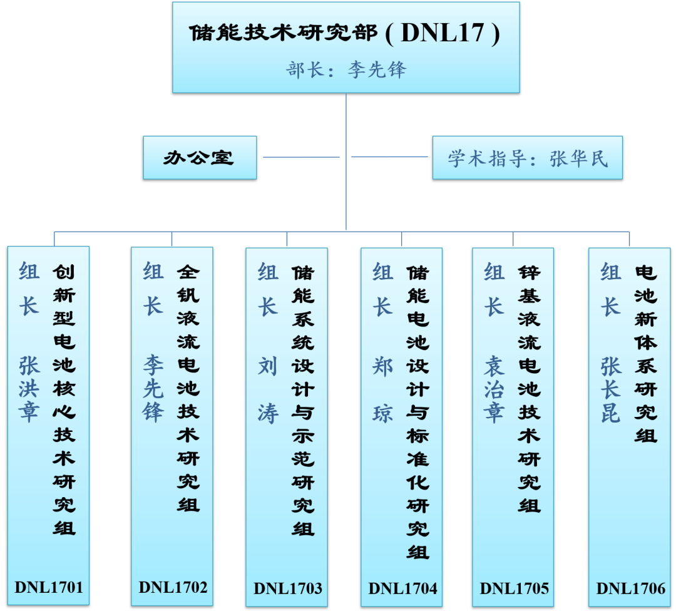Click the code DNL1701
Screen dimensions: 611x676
pyautogui.click(x=48, y=587)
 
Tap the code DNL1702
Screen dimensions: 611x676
pyautogui.click(x=173, y=587)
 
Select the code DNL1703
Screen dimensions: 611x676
pyautogui.click(x=287, y=588)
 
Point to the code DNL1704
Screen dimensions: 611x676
pyautogui.click(x=402, y=588)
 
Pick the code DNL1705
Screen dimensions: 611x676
pyautogui.click(x=514, y=588)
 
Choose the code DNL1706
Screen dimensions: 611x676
pyautogui.click(x=630, y=588)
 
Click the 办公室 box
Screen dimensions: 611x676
pyautogui.click(x=199, y=158)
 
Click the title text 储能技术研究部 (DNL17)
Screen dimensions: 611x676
pyautogui.click(x=345, y=33)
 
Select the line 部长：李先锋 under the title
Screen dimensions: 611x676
pyautogui.click(x=346, y=69)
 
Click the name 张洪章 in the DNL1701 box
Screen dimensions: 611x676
pyautogui.click(x=29, y=388)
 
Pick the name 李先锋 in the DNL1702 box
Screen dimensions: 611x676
pyautogui.click(x=153, y=388)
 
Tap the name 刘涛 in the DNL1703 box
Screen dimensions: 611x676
pyautogui.click(x=267, y=388)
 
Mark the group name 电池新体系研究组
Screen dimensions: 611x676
pyautogui.click(x=645, y=354)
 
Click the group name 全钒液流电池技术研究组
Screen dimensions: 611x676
pyautogui.click(x=188, y=388)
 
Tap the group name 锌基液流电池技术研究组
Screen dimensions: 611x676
pyautogui.click(x=529, y=388)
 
